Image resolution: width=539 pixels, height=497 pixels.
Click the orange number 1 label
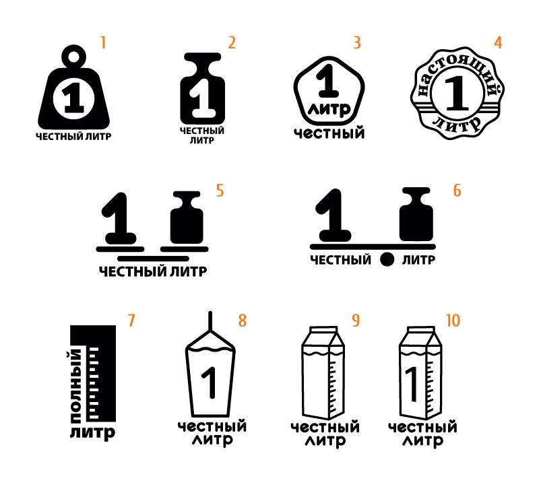pyautogui.click(x=103, y=43)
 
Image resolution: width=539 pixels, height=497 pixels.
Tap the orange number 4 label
pyautogui.click(x=498, y=43)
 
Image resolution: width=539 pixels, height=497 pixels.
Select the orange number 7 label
pyautogui.click(x=131, y=321)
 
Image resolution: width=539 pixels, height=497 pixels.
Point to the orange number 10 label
pyautogui.click(x=453, y=321)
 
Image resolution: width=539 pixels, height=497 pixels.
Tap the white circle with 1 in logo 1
pyautogui.click(x=73, y=98)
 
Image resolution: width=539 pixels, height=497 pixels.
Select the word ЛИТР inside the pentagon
pyautogui.click(x=329, y=110)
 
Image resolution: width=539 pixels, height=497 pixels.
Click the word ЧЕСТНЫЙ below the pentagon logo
pyautogui.click(x=329, y=133)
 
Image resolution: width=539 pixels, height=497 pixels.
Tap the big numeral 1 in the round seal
pyautogui.click(x=457, y=93)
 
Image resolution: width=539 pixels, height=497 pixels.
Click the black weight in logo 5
pyautogui.click(x=187, y=218)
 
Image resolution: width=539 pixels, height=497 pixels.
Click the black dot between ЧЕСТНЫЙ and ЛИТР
pyautogui.click(x=387, y=259)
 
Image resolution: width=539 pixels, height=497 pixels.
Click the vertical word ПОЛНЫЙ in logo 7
pyautogui.click(x=76, y=386)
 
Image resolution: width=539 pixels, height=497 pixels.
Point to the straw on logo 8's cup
pyautogui.click(x=210, y=321)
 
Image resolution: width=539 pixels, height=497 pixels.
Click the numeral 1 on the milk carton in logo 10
pyautogui.click(x=412, y=385)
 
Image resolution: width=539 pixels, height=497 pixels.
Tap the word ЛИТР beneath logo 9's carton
pyautogui.click(x=325, y=441)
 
